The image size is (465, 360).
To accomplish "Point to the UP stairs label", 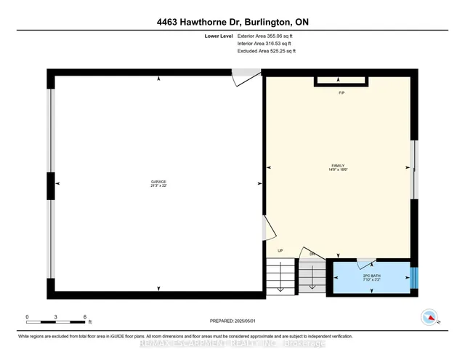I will point(279,252).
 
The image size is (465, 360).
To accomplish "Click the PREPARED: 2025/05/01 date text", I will point(232,321).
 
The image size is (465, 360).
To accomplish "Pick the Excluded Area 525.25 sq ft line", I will point(267,52).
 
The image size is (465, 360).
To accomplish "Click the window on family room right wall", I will point(414,169).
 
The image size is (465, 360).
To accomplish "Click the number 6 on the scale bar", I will point(85,317).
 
